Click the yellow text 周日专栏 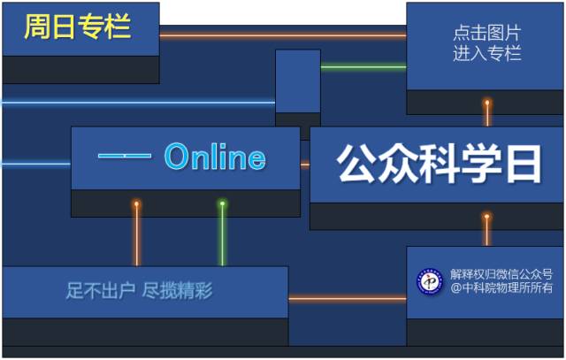(x=78, y=27)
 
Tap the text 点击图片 (x=486, y=34)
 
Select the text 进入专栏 (x=486, y=54)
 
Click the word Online (x=215, y=157)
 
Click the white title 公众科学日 (x=438, y=164)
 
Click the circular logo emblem (x=430, y=281)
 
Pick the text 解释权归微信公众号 (x=501, y=274)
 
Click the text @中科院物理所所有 (x=501, y=287)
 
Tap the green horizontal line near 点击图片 (x=363, y=66)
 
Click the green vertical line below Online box (x=222, y=234)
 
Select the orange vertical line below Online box (x=136, y=234)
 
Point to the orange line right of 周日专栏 (x=283, y=35)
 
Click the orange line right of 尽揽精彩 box (x=347, y=299)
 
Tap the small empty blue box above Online (x=297, y=80)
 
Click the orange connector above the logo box (x=486, y=230)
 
